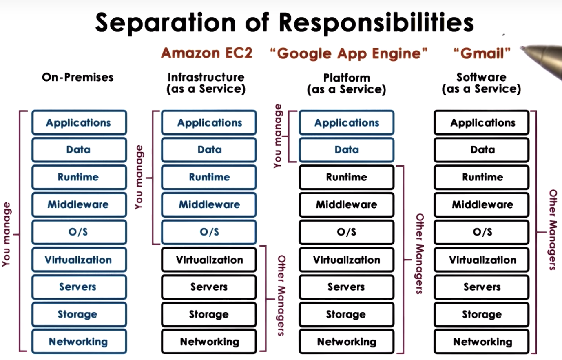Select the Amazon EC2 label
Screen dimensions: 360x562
pos(207,53)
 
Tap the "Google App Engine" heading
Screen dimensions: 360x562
pos(349,53)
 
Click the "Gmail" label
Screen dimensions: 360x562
pos(482,53)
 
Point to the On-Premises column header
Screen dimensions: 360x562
pos(77,77)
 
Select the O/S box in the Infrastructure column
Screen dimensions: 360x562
pos(209,232)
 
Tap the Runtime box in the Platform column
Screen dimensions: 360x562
pos(346,177)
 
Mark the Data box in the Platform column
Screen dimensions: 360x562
pos(346,150)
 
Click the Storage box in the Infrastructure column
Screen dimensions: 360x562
pos(209,314)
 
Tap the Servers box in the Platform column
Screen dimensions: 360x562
pos(346,287)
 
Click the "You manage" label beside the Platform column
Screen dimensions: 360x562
pos(278,136)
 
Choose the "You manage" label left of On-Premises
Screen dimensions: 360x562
pos(7,234)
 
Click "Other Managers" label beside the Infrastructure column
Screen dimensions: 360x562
pos(281,296)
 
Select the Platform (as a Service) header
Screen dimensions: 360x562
pos(346,83)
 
